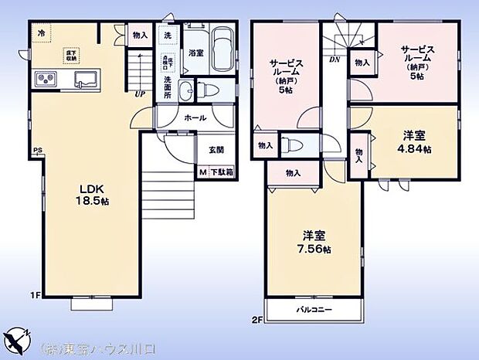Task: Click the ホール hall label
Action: [194, 119]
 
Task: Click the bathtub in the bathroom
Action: [223, 52]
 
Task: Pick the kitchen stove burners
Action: [43, 80]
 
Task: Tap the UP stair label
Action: [140, 95]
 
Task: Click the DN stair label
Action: [335, 59]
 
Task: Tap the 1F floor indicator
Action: [36, 294]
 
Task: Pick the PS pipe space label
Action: [36, 151]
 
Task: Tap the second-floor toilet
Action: [287, 144]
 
